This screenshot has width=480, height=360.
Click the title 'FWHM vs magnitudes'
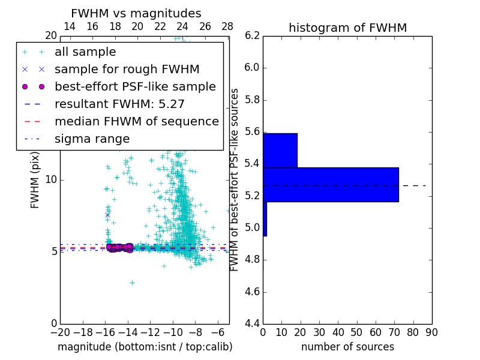pyautogui.click(x=136, y=13)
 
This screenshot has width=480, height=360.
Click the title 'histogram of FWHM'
pyautogui.click(x=347, y=28)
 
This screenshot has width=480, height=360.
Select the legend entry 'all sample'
pyautogui.click(x=85, y=52)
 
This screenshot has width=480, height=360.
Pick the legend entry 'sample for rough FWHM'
pyautogui.click(x=127, y=70)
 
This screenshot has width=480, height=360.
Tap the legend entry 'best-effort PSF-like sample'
pyautogui.click(x=135, y=87)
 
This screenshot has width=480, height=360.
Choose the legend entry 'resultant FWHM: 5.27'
pyautogui.click(x=119, y=104)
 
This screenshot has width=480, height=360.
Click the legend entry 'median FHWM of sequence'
pyautogui.click(x=136, y=122)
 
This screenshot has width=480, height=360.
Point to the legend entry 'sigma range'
pyautogui.click(x=92, y=139)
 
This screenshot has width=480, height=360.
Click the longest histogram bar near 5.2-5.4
pyautogui.click(x=331, y=184)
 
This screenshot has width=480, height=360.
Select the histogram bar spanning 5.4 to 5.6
pyautogui.click(x=280, y=150)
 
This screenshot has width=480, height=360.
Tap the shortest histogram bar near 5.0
pyautogui.click(x=265, y=218)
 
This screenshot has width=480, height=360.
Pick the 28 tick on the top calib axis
pyautogui.click(x=227, y=26)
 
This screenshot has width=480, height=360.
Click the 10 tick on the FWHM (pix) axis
pyautogui.click(x=51, y=180)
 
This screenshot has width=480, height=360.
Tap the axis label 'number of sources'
pyautogui.click(x=347, y=347)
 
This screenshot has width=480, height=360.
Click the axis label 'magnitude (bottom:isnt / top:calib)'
pyautogui.click(x=145, y=347)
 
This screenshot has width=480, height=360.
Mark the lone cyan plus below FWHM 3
pyautogui.click(x=132, y=283)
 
